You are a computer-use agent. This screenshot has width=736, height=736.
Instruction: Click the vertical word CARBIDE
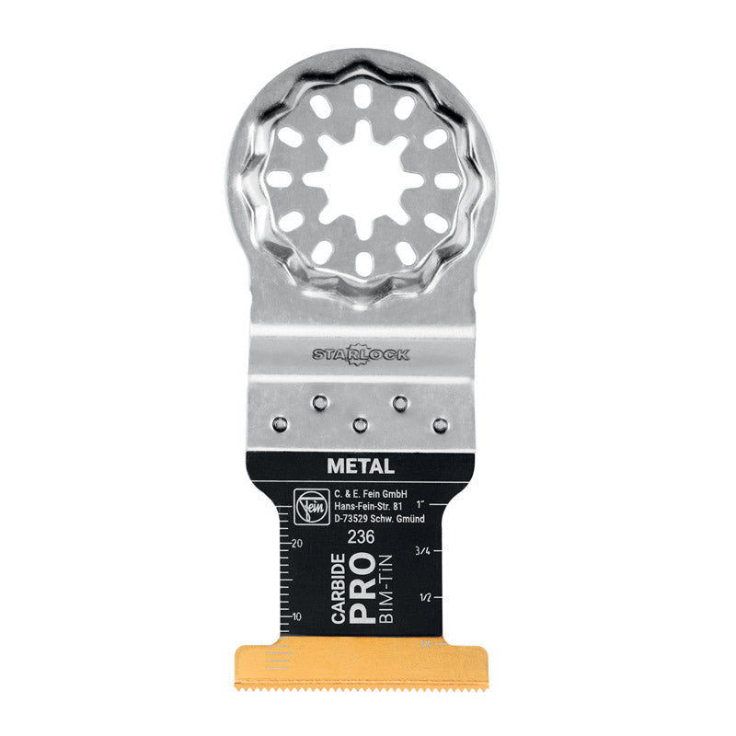[x=339, y=589]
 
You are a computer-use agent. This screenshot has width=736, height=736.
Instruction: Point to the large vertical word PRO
[x=363, y=589]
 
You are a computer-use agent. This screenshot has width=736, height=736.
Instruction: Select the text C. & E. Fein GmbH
[x=365, y=493]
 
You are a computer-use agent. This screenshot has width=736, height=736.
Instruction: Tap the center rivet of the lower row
[x=360, y=424]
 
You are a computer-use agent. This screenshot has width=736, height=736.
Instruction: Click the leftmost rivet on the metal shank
[x=279, y=423]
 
